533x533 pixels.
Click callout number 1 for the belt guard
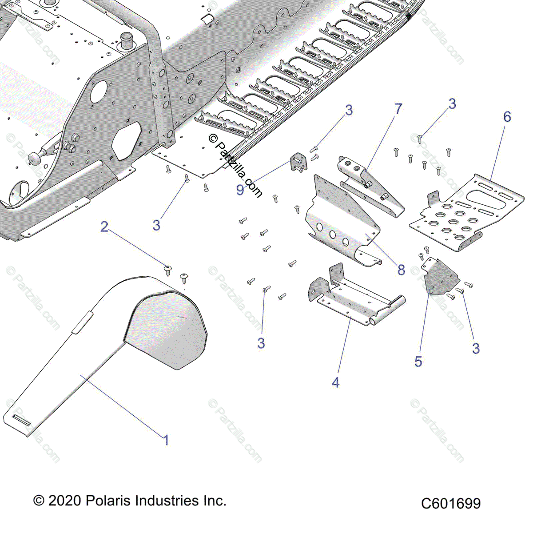click(166, 440)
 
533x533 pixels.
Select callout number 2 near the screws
click(104, 227)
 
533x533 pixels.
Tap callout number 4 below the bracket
click(336, 382)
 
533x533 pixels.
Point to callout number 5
click(418, 361)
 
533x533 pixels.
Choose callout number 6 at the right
click(507, 117)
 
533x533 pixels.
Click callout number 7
click(398, 109)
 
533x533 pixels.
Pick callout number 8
click(401, 269)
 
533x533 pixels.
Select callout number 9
click(240, 190)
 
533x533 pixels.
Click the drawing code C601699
click(451, 503)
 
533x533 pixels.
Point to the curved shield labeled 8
click(342, 227)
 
